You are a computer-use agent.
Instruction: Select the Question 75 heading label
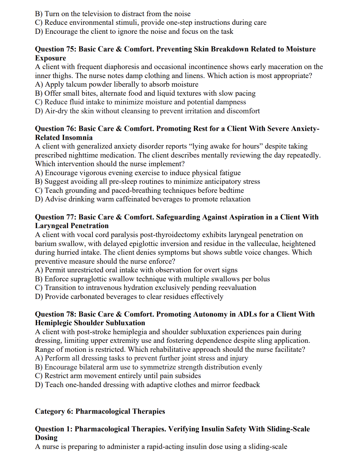point(55,49)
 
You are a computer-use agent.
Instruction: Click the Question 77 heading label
point(55,217)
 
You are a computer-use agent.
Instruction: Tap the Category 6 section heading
point(100,411)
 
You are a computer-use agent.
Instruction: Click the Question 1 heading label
point(54,429)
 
